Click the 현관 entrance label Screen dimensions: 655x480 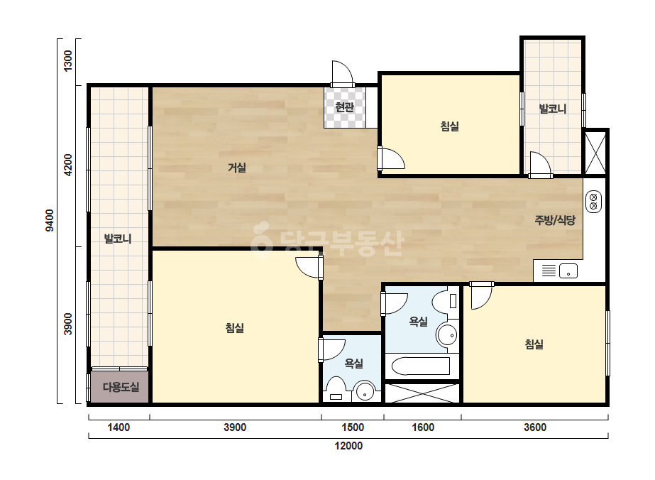345,107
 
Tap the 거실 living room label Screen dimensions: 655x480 237,168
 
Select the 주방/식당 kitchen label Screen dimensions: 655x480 555,220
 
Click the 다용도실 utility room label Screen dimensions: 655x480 121,387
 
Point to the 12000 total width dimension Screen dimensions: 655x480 348,446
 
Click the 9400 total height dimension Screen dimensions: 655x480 50,220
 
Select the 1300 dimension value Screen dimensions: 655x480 67,60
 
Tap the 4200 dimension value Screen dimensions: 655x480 67,165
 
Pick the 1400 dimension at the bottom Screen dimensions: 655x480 119,427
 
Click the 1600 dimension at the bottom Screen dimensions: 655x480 423,427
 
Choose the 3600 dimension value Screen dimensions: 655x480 535,427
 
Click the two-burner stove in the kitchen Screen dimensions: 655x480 593,202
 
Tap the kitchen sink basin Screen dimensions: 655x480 568,271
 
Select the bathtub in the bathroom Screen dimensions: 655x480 421,366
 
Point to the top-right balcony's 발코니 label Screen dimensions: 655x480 553,109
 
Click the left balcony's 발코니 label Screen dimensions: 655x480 118,239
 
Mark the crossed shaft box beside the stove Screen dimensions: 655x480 595,153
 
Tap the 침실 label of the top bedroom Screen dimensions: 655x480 450,126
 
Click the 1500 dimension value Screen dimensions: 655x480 353,427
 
